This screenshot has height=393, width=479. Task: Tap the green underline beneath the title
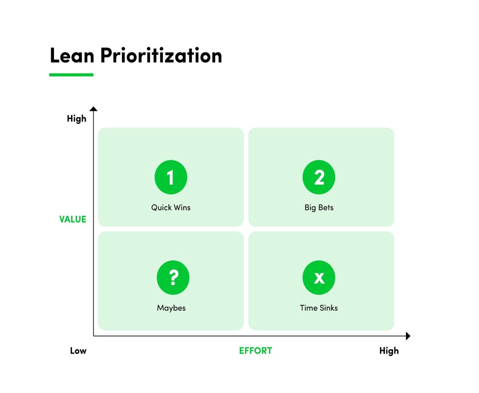click(71, 75)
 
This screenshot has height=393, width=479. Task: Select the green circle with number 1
click(171, 178)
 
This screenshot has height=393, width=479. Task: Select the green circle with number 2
click(319, 178)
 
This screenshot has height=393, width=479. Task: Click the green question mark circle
click(173, 278)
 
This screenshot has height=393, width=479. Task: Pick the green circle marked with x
click(319, 278)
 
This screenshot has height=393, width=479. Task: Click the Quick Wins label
click(171, 207)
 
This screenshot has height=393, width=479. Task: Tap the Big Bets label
click(319, 207)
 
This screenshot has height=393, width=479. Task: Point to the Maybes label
click(171, 308)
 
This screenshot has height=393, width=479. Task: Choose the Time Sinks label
click(319, 308)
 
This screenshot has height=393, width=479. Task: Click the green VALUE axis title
click(73, 219)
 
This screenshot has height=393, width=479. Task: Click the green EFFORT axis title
click(255, 350)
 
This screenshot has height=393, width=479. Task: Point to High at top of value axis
click(77, 119)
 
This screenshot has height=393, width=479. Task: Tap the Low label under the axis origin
click(78, 350)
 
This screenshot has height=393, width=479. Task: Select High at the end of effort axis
click(389, 350)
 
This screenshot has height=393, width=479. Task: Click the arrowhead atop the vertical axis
click(93, 109)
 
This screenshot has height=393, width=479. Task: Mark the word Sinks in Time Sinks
click(328, 308)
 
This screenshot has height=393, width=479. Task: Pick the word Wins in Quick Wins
click(181, 207)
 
